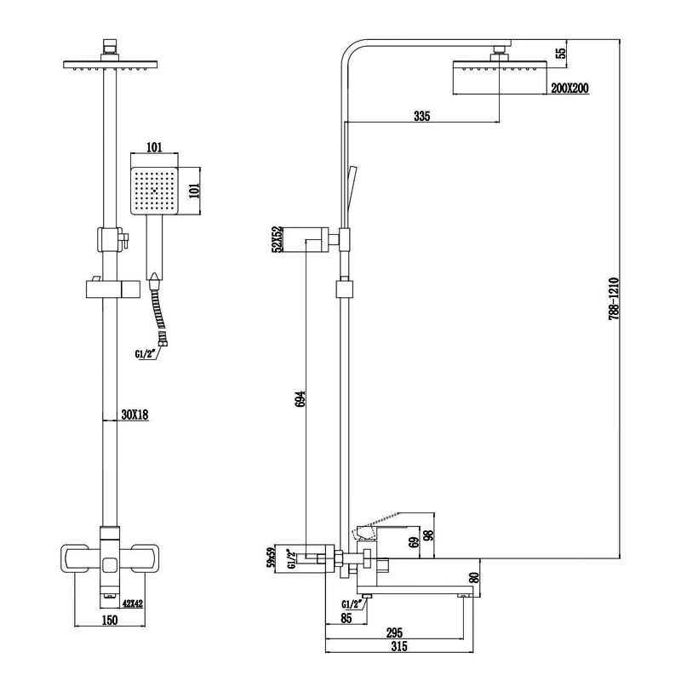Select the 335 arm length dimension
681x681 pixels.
click(x=421, y=116)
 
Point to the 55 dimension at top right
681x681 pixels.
click(x=560, y=53)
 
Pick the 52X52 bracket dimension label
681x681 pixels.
click(x=276, y=241)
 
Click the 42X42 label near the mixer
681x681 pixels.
click(x=134, y=604)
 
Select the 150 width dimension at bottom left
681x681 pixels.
click(x=109, y=620)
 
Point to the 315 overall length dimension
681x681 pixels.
click(x=398, y=647)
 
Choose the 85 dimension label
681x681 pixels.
click(x=345, y=619)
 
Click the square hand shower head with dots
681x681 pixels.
click(x=154, y=189)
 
